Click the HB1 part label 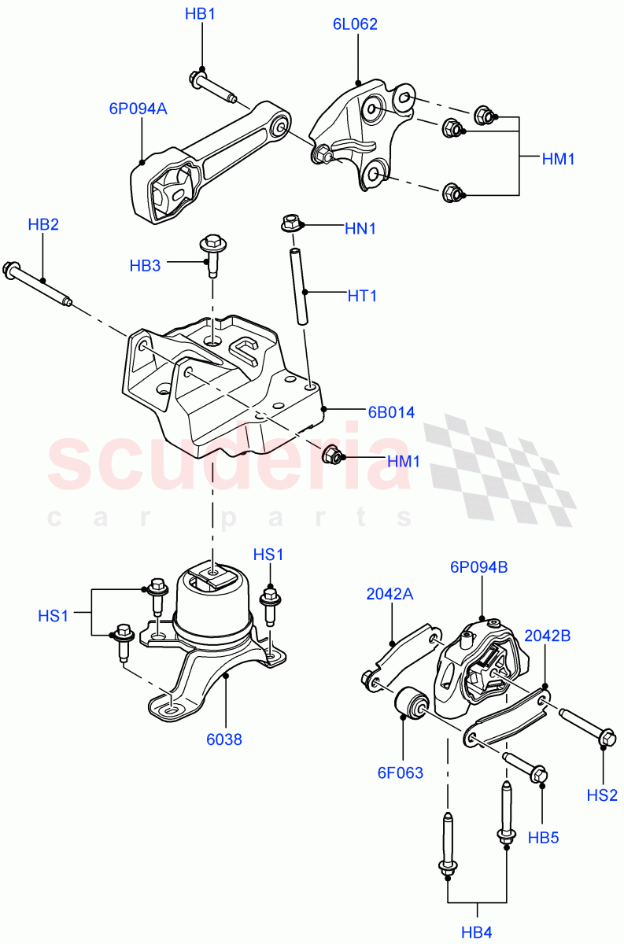coord(200,14)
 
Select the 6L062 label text coord(355,24)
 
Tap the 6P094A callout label coord(138,109)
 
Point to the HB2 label coord(43,225)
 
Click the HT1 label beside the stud coord(362,296)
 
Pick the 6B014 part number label coord(390,411)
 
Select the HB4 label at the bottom coord(476,933)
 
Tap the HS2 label coord(602,795)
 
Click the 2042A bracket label coord(390,595)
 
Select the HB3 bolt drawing coord(211,254)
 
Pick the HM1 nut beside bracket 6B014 coord(332,454)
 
